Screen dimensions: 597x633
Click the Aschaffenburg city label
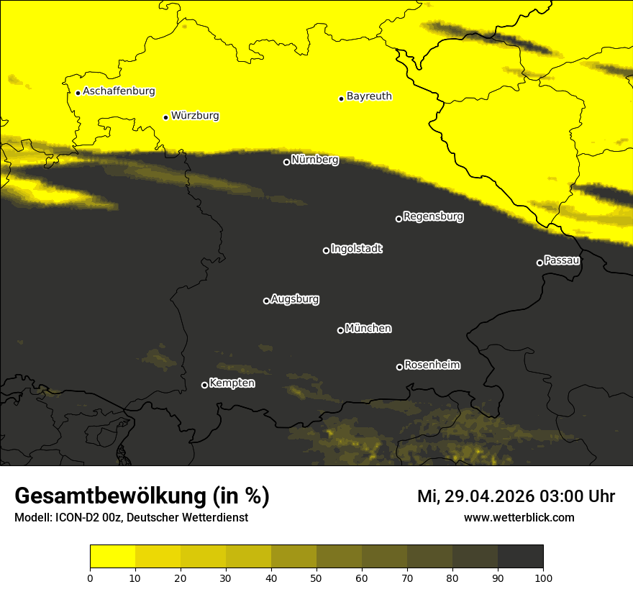coord(119,91)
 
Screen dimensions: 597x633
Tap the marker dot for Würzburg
coord(165,117)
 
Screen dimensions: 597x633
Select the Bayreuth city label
coord(369,96)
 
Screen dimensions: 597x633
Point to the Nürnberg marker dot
coord(286,162)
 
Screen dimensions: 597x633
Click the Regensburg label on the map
coord(433,217)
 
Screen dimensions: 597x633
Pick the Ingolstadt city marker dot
coord(326,250)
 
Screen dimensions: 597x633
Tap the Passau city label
coord(562,260)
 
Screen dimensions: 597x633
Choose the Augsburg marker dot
coord(266,301)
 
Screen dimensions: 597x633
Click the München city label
coord(368,329)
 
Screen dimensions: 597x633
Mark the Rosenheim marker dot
coord(399,368)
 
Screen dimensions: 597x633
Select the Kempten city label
coord(232,383)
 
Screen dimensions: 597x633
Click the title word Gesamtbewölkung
coord(112,496)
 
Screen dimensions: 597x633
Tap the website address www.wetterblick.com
coord(519,518)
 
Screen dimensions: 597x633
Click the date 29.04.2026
coord(483,496)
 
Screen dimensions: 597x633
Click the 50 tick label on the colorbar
coord(316,578)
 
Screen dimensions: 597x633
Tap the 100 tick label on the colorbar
coord(543,578)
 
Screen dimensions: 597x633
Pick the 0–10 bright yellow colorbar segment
coord(112,557)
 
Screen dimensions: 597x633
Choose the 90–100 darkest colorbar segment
coord(520,557)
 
